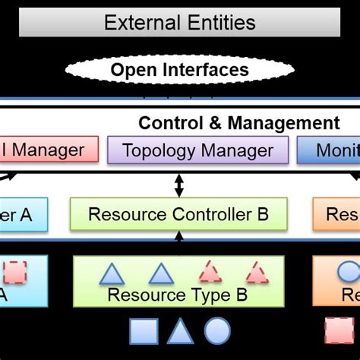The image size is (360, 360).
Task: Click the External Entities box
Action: pyautogui.click(x=179, y=22)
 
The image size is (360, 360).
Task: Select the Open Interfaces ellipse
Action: pyautogui.click(x=179, y=71)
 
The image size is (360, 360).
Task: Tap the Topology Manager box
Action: pyautogui.click(x=198, y=150)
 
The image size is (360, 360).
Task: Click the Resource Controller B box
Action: pyautogui.click(x=178, y=214)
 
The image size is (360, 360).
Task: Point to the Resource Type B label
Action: pyautogui.click(x=178, y=295)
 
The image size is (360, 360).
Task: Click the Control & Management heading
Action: pyautogui.click(x=239, y=123)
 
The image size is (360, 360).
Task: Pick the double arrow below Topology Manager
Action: pyautogui.click(x=179, y=185)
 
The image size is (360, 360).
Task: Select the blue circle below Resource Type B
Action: pyautogui.click(x=217, y=332)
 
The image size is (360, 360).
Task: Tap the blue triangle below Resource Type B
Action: pyautogui.click(x=180, y=332)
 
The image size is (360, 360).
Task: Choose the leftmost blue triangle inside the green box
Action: pyautogui.click(x=112, y=273)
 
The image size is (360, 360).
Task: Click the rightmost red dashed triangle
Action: pyautogui.click(x=257, y=272)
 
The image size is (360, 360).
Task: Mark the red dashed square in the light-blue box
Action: pyautogui.click(x=15, y=272)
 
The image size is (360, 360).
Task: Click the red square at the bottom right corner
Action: pyautogui.click(x=339, y=331)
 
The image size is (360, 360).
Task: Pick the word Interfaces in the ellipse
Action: pyautogui.click(x=205, y=71)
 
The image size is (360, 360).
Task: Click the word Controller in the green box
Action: pyautogui.click(x=201, y=214)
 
